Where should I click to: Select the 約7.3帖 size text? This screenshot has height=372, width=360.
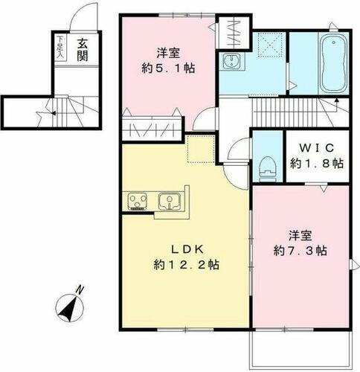(x=300, y=251)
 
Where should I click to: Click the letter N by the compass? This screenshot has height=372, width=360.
(x=83, y=291)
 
